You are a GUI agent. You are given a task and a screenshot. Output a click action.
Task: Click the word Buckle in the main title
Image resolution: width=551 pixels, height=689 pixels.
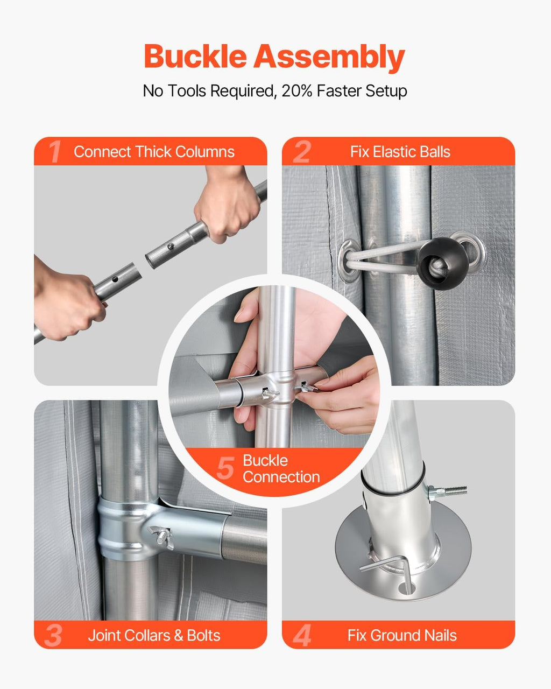(x=195, y=57)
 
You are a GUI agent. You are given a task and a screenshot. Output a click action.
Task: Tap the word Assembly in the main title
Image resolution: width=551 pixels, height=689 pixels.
(x=329, y=58)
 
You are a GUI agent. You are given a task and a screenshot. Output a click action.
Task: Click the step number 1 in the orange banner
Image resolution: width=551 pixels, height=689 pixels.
(x=55, y=151)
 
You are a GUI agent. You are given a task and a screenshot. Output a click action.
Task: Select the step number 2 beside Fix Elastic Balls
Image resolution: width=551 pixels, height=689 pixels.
(x=301, y=151)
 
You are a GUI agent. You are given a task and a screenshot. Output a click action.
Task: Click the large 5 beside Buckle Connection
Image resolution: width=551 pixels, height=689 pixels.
(x=225, y=468)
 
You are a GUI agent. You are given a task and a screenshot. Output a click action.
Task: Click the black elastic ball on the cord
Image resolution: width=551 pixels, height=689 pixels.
(x=442, y=263)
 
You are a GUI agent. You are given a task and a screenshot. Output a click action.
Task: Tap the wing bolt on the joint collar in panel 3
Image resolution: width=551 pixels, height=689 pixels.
(x=161, y=537)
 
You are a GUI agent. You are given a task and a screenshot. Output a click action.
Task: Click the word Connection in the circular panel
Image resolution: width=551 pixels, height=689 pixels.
(x=281, y=477)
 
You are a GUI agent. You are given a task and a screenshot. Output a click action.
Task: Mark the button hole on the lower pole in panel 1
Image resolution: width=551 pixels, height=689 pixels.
(x=115, y=279)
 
